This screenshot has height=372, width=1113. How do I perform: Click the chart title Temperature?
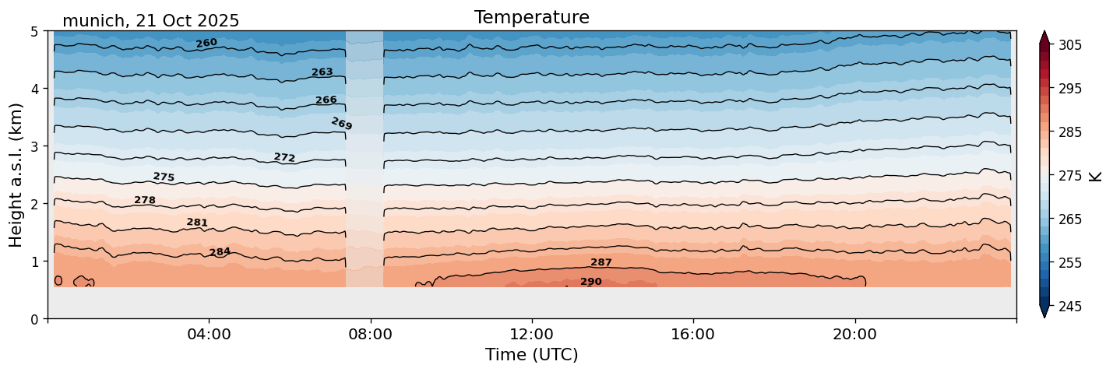[x=531, y=17]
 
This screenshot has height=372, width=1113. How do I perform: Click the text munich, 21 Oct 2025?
[x=150, y=21]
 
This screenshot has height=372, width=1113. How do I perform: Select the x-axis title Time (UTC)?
[x=531, y=355]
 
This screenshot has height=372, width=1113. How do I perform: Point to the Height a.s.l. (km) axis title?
[x=16, y=174]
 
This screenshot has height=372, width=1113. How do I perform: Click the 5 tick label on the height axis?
[x=34, y=32]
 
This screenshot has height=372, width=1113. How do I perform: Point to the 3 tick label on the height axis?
[x=34, y=146]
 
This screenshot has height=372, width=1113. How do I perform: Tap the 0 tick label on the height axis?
[x=34, y=319]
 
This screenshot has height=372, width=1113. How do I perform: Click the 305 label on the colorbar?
[x=1069, y=45]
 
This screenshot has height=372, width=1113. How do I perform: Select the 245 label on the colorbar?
[x=1069, y=307]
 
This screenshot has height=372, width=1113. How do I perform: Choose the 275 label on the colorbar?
[x=1069, y=176]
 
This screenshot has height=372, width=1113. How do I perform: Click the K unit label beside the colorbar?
[x=1096, y=176]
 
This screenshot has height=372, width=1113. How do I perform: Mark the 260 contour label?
[x=206, y=43]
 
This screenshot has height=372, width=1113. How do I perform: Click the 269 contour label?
[x=341, y=124]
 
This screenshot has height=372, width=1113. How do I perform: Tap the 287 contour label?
[x=601, y=262]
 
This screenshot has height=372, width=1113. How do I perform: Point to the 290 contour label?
[x=591, y=282]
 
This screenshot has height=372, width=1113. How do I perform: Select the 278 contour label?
[x=145, y=200]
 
